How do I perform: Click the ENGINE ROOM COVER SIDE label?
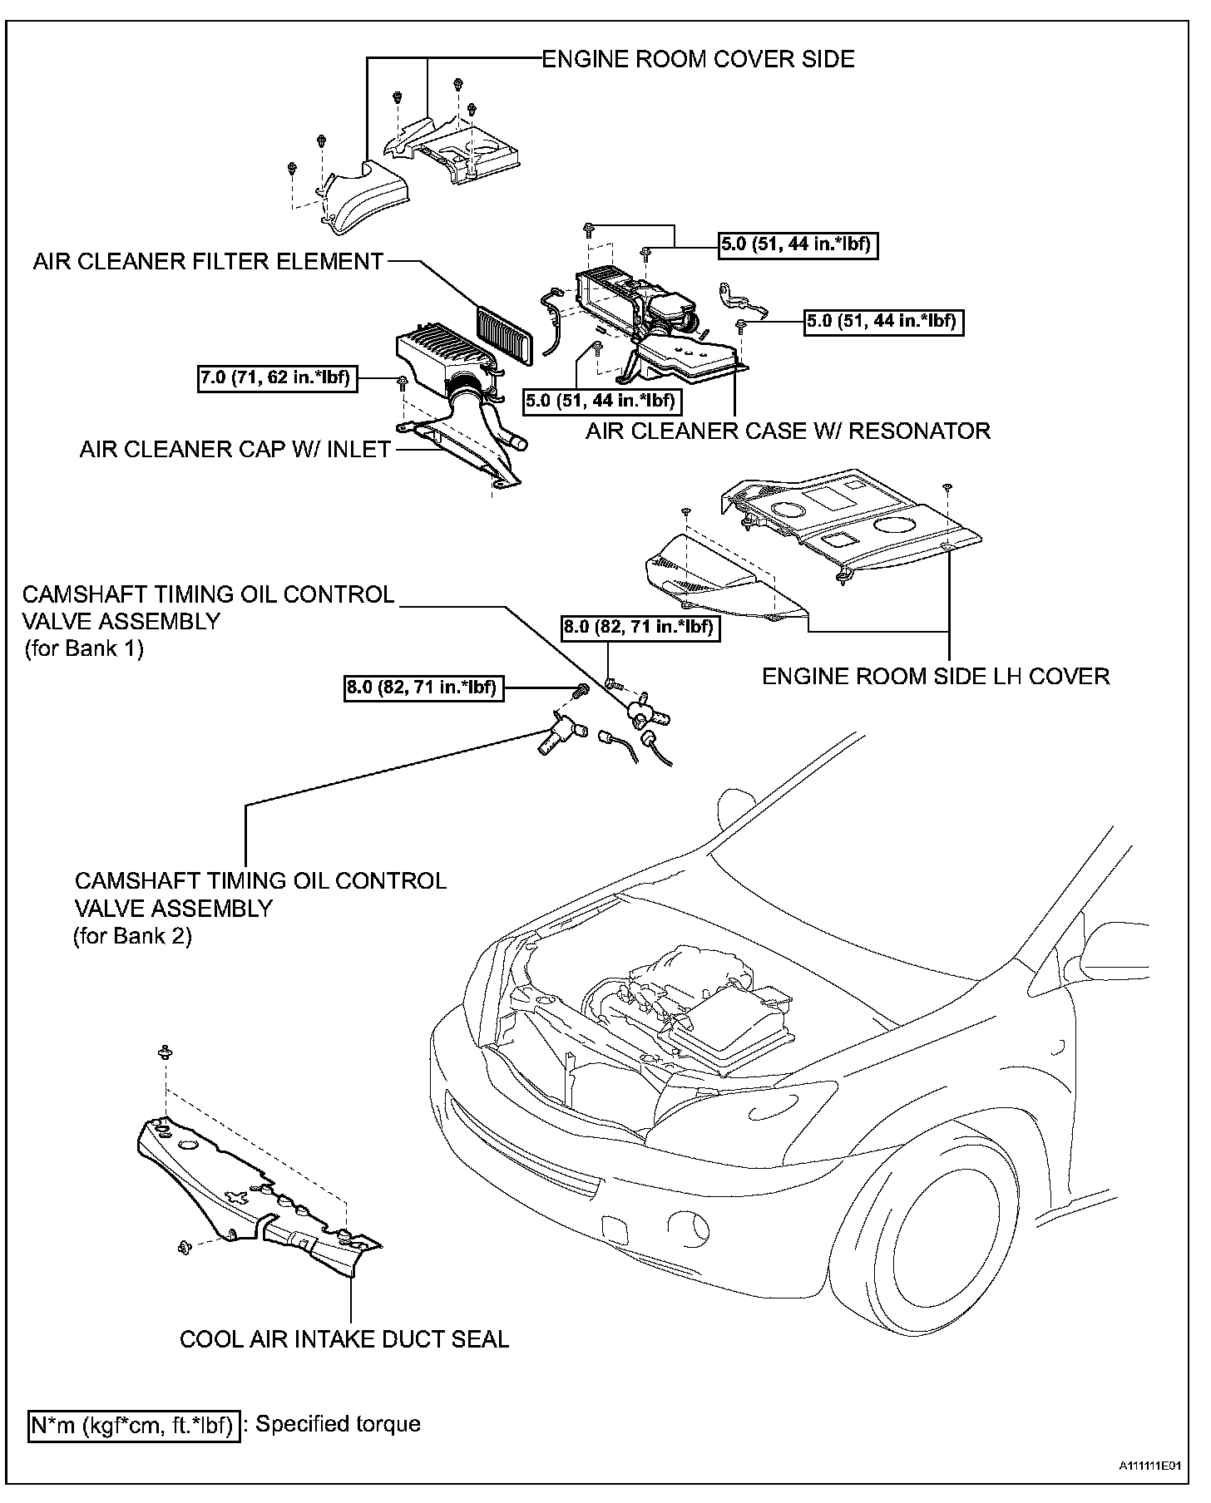coord(698,59)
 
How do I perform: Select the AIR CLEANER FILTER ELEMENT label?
coord(208,262)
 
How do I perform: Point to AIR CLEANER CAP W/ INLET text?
coord(235,450)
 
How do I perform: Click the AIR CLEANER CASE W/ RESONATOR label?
coord(788,431)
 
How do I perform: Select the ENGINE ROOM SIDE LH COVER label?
coord(936,676)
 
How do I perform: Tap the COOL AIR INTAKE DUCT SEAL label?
coord(344,1362)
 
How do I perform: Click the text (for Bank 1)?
coord(84,648)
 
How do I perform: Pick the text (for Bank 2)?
coord(132,936)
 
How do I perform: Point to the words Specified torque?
coord(338,1424)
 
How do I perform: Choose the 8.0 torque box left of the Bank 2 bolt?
coord(424,687)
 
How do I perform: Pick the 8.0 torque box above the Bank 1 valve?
coord(639,627)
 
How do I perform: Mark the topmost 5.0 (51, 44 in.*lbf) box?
coord(798,244)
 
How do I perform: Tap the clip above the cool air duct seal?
coord(165,1052)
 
